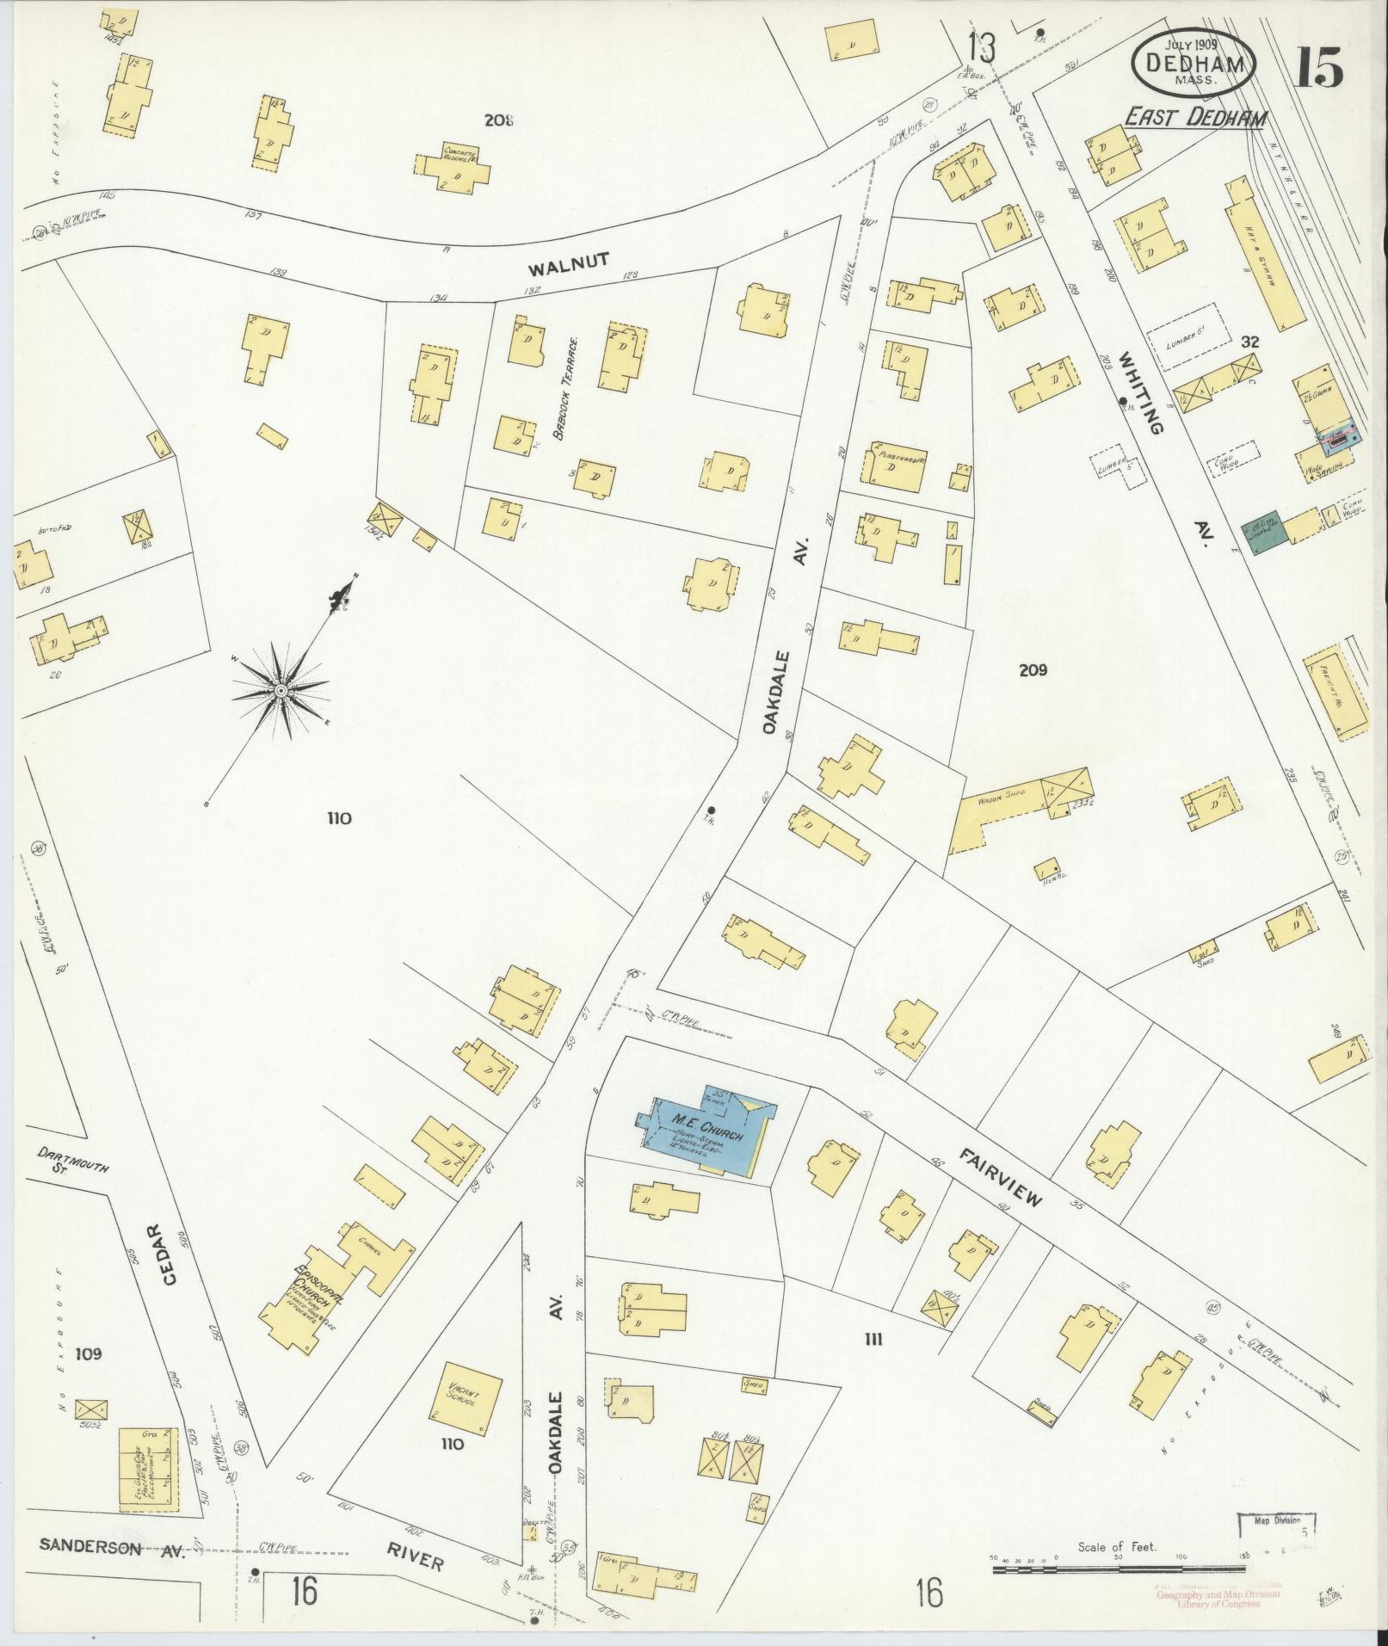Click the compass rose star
(281, 690)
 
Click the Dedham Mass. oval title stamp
(1193, 63)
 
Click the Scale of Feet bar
(1119, 1570)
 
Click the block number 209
(1033, 670)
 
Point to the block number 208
(498, 120)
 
